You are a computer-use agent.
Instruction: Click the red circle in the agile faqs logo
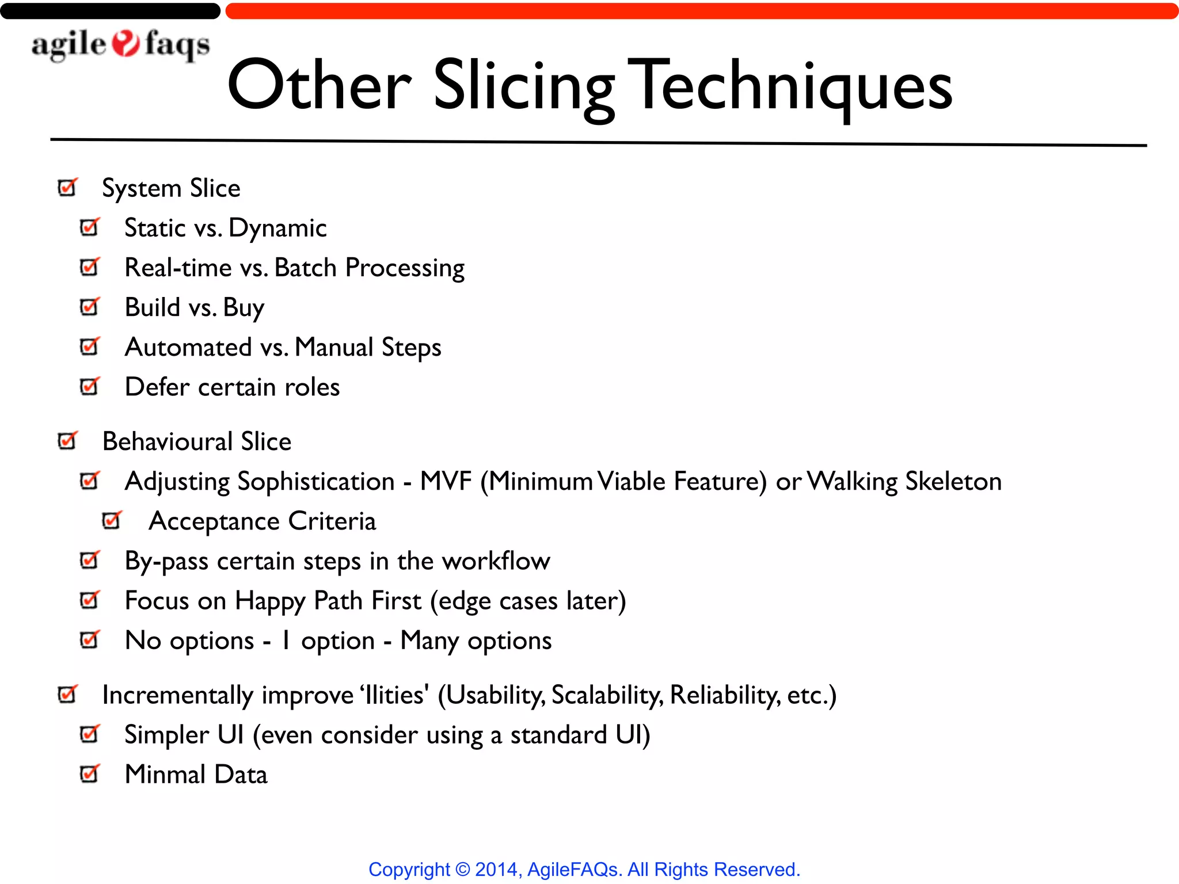(125, 44)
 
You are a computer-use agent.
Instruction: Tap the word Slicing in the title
(523, 86)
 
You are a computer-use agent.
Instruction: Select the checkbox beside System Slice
(67, 188)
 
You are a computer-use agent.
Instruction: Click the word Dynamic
(277, 228)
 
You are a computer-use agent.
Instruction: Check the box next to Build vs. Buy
(89, 307)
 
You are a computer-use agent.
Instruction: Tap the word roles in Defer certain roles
(312, 387)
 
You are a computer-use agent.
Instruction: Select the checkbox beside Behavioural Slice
(67, 441)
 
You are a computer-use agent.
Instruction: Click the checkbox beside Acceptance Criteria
(112, 520)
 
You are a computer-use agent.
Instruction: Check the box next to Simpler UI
(89, 734)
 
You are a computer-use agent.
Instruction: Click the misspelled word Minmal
(165, 774)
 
